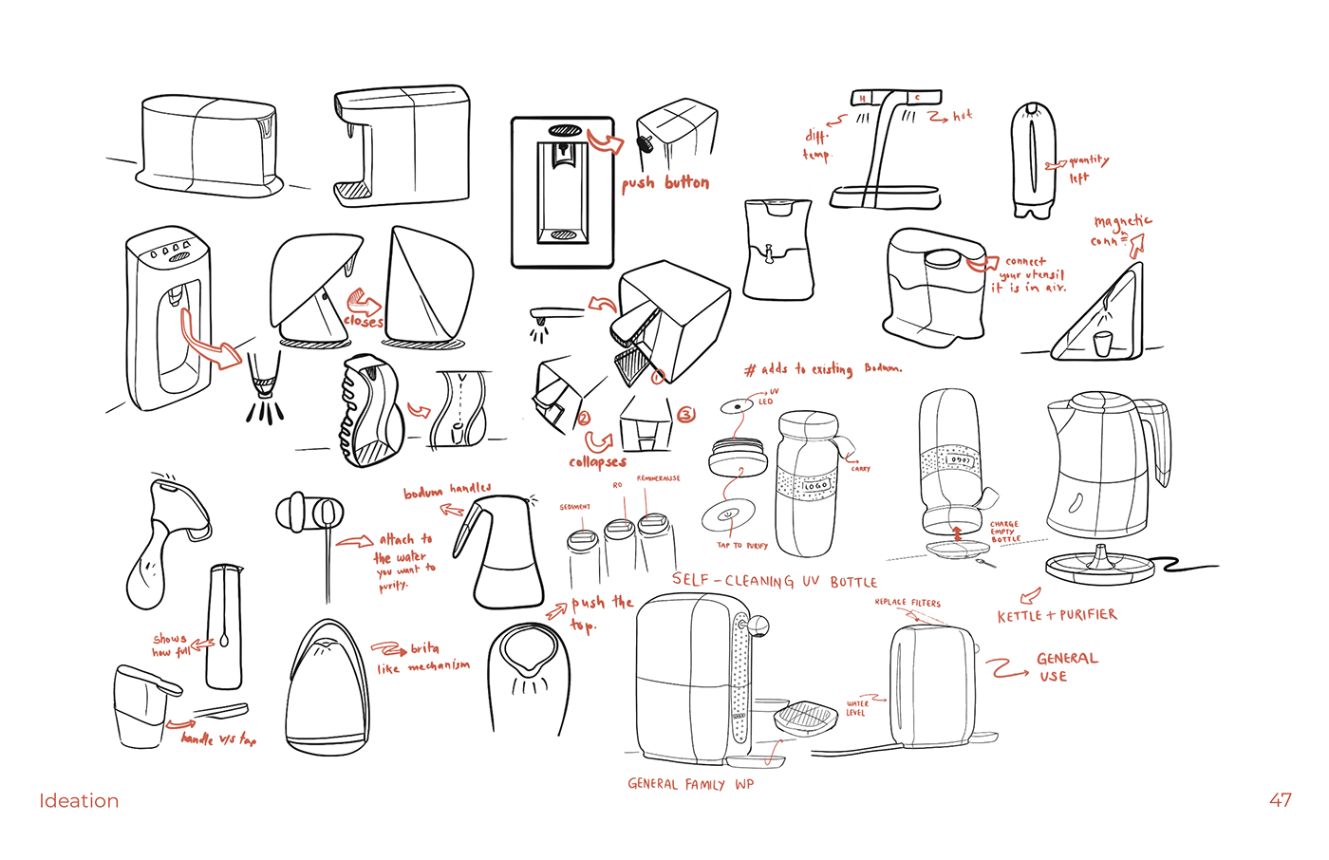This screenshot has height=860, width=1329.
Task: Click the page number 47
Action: coord(1280,800)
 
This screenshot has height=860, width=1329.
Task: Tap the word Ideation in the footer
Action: coord(79,800)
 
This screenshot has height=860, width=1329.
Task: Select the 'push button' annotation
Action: coord(665,182)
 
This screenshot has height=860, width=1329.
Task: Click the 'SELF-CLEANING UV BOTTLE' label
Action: coord(774,581)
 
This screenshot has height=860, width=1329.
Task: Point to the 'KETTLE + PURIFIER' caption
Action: coord(1057,615)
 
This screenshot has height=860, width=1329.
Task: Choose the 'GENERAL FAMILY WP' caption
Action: coord(690,784)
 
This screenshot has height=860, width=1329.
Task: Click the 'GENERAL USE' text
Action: coord(1065,666)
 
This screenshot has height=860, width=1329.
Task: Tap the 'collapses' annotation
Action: coord(597,462)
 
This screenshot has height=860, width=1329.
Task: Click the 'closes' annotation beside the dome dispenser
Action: coord(364,321)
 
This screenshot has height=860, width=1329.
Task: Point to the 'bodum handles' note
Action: coord(447,490)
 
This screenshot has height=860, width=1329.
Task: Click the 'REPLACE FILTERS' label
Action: coord(907,603)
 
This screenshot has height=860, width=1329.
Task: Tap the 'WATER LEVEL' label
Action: coord(856,708)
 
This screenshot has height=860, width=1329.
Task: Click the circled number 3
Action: coord(685,415)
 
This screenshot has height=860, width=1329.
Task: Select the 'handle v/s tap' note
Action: coord(218,738)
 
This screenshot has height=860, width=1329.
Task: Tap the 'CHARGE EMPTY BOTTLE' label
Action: coord(1004,532)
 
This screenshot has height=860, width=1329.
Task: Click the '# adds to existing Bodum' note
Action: coord(822,368)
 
